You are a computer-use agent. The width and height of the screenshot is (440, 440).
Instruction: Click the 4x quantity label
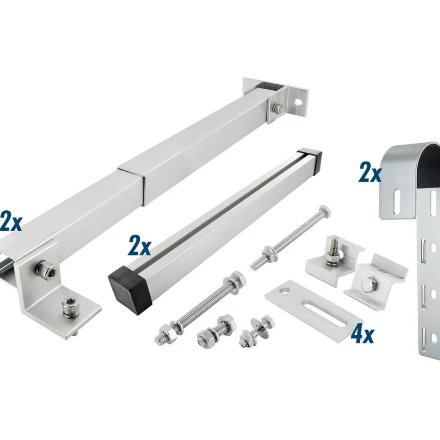pos(362,334)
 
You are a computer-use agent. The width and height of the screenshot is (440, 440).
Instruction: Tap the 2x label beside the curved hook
pos(370,174)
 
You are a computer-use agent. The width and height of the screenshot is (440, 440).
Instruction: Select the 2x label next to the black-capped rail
pos(139,246)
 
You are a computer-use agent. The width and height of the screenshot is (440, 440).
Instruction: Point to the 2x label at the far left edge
pos(11,222)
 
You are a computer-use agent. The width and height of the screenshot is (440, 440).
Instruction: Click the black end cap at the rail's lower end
pos(130,294)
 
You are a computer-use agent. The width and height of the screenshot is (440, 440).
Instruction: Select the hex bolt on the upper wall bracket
pos(278,107)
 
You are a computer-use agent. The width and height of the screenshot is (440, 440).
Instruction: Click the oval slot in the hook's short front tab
pos(397,202)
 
